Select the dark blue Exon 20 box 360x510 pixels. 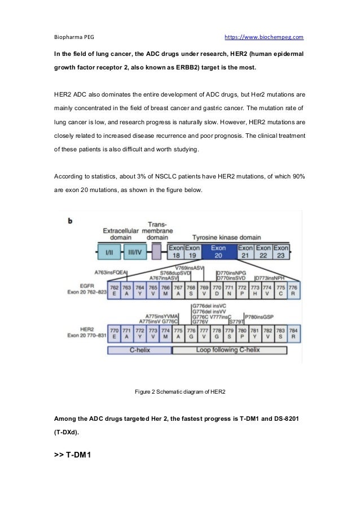point(218,252)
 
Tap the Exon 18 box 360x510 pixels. point(176,252)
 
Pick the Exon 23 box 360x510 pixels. point(280,252)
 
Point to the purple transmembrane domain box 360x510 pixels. point(156,252)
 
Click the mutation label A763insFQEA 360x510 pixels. point(111,272)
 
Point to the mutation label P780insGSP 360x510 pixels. point(259,316)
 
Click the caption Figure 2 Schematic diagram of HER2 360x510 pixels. point(179,391)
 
